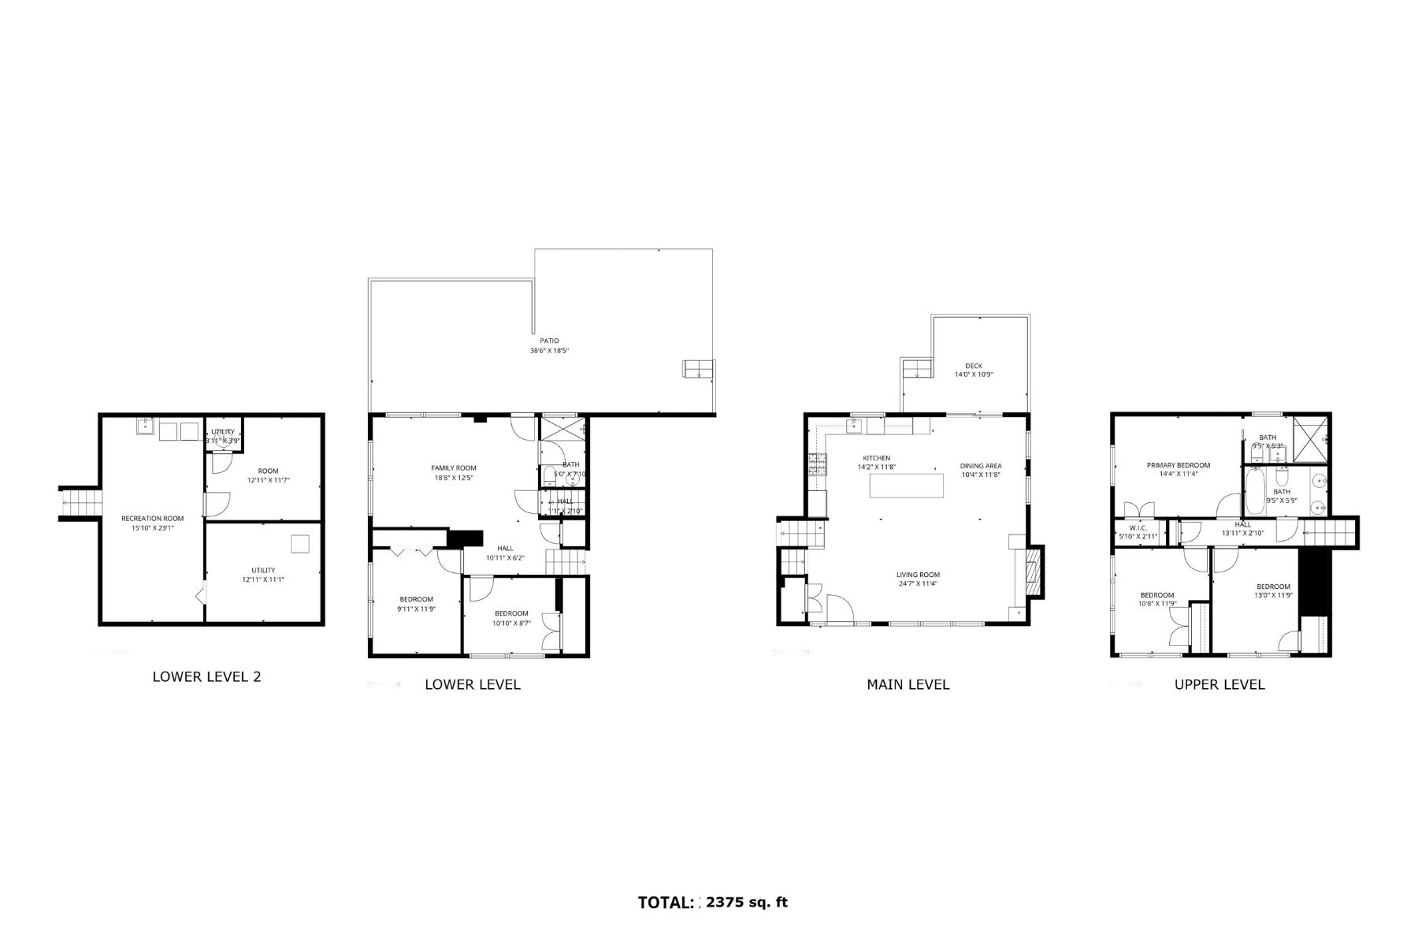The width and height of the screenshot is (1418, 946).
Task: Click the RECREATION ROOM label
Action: [152, 518]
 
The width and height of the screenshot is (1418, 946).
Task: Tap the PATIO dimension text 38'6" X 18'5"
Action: [549, 350]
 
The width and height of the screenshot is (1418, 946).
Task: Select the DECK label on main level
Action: [974, 366]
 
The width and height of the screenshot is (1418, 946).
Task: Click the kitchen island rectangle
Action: [906, 485]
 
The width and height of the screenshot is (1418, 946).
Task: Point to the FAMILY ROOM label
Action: [454, 468]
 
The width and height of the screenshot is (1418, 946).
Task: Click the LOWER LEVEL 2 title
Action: [206, 676]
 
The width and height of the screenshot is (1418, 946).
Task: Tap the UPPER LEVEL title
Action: [1219, 684]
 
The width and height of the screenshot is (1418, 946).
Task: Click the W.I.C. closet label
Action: [1138, 527]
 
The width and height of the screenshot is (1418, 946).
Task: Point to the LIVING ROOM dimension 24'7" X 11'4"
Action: [918, 584]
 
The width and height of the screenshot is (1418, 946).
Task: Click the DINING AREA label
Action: [981, 466]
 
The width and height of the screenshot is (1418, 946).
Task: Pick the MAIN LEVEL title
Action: [908, 684]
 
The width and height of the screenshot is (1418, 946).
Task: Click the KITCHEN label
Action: [876, 458]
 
